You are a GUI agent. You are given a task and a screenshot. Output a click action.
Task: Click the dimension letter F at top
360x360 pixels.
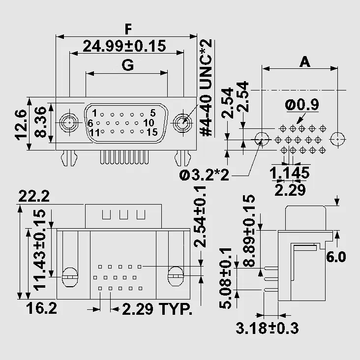pos(128,29)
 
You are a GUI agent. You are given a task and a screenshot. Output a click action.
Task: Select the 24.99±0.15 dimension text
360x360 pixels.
pos(124,46)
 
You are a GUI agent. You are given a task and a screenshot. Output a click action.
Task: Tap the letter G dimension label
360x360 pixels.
pos(128,65)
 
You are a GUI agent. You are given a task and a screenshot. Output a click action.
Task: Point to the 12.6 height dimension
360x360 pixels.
pos(21,124)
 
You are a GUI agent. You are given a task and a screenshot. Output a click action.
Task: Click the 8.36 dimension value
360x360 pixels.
pos(41,122)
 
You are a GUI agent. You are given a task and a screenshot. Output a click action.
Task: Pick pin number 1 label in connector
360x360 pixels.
pos(94,113)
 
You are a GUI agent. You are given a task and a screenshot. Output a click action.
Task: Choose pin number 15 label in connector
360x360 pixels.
pos(152,132)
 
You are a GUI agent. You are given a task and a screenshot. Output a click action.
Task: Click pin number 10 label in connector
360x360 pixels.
pos(149,123)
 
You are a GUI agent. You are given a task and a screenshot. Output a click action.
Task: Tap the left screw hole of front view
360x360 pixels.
pos(69,123)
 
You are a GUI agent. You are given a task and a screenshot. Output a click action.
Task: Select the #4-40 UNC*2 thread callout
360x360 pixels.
pos(206,88)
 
